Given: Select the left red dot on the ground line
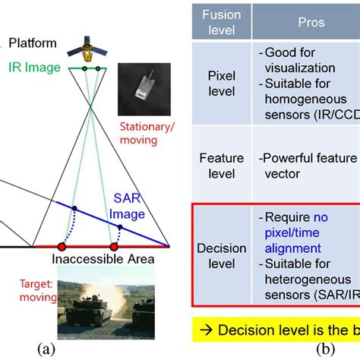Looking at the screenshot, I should [x=62, y=247].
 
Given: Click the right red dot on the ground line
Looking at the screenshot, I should [x=115, y=247].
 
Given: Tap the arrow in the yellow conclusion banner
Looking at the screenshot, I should [x=205, y=330].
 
